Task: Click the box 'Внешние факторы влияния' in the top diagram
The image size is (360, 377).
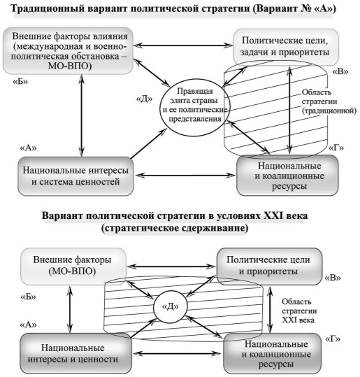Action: click(68, 50)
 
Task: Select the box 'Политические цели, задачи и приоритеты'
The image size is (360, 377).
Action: click(286, 47)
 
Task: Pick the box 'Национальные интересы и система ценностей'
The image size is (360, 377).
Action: click(75, 176)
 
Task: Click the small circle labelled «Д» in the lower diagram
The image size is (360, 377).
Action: click(170, 306)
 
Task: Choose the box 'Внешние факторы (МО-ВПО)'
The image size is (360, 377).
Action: click(73, 266)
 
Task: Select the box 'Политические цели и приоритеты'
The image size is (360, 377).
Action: click(269, 266)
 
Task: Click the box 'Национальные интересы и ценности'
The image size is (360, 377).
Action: click(75, 353)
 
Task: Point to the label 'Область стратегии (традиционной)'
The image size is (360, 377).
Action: click(329, 101)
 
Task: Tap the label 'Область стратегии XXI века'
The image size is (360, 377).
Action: click(299, 311)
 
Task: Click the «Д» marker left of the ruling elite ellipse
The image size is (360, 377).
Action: click(144, 99)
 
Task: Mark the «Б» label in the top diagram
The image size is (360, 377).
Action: click(20, 82)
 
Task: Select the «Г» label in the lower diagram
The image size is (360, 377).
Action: click(333, 339)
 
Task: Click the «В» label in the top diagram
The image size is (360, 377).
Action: click(340, 71)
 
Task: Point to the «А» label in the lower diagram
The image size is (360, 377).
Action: click(28, 325)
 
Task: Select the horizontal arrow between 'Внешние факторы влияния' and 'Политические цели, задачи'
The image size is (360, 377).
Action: click(183, 45)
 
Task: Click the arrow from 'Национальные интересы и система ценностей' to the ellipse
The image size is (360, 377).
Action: click(148, 143)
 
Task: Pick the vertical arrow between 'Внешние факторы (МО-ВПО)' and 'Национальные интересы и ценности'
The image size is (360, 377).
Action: click(70, 309)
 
